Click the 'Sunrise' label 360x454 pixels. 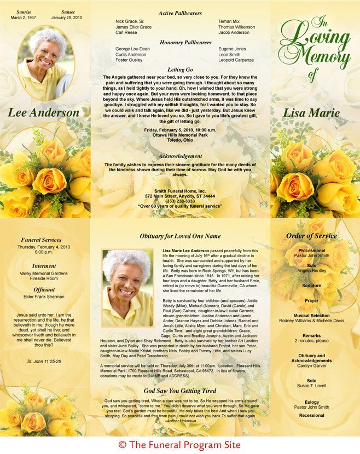(24, 11)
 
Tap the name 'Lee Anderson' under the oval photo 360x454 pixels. (43, 113)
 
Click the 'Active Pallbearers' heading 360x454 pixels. (180, 13)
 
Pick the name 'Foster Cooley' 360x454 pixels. (129, 61)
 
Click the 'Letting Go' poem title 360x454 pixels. (180, 70)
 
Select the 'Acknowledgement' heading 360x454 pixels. (180, 156)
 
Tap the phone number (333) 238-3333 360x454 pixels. (180, 201)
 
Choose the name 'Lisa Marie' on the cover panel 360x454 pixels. (311, 113)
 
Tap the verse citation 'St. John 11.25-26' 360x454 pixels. (44, 362)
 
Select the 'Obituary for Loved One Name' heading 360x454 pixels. (180, 236)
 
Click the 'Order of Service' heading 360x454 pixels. (311, 236)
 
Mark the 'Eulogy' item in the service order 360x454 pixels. (311, 401)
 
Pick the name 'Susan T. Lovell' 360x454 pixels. (311, 386)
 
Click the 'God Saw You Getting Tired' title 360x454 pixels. (180, 391)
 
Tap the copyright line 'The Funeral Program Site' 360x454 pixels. (179, 445)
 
